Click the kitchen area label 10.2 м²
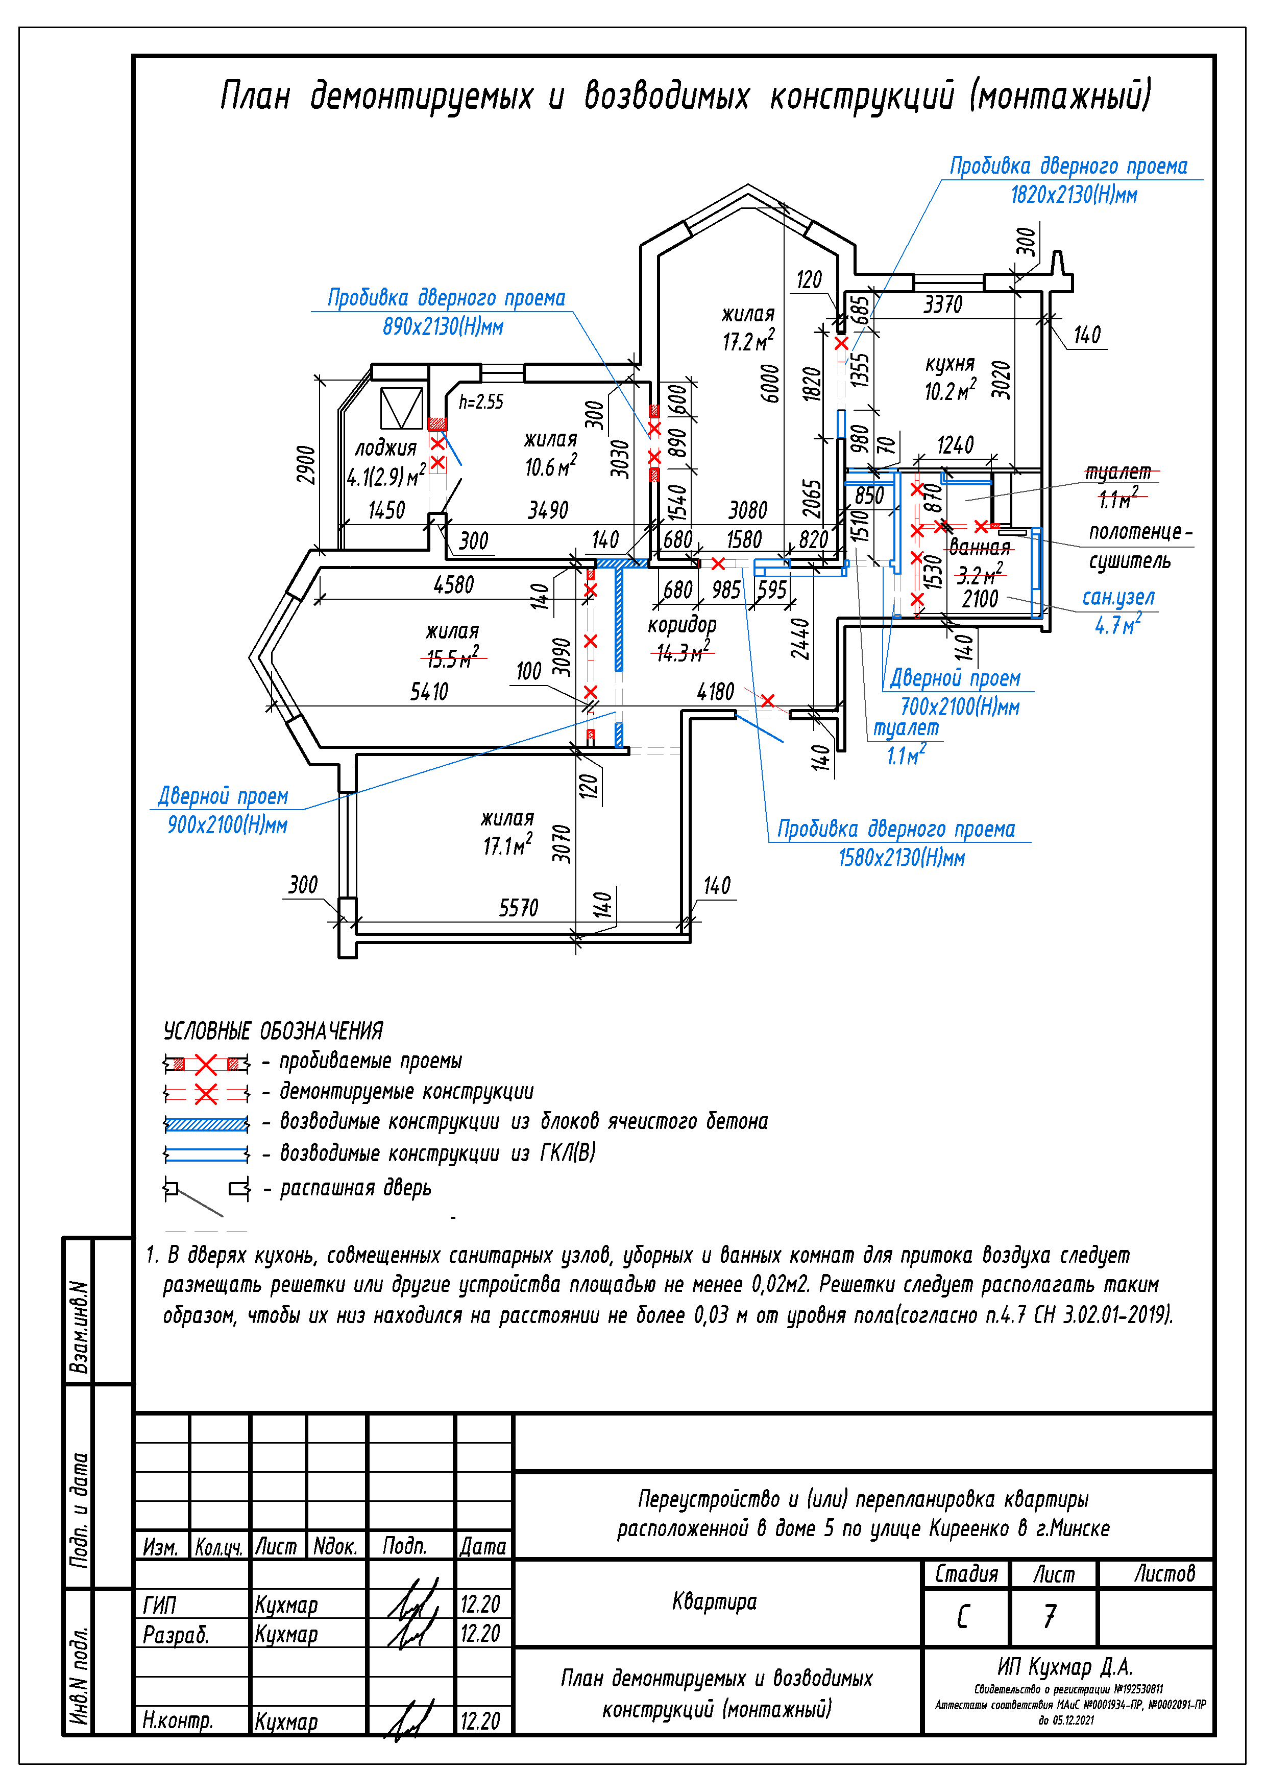click(949, 390)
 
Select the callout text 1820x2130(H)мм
click(1074, 195)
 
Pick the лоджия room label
click(385, 448)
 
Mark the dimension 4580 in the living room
click(453, 584)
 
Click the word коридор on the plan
click(682, 624)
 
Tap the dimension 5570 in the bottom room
click(519, 908)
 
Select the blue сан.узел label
click(1118, 597)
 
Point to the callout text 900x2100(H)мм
click(227, 825)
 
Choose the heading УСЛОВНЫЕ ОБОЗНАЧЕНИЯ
click(273, 1031)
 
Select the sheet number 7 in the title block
click(1051, 1616)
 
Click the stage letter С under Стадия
click(963, 1616)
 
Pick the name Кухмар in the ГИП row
click(286, 1606)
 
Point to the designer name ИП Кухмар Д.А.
click(1065, 1667)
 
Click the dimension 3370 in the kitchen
click(942, 304)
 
